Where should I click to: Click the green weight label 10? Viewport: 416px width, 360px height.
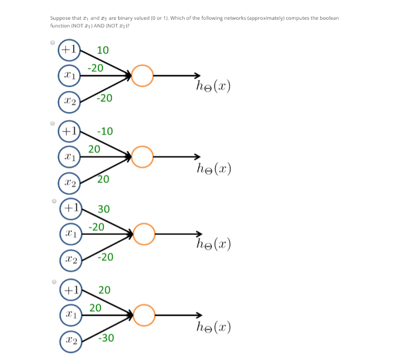click(x=102, y=50)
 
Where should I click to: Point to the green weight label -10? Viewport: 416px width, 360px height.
click(x=104, y=131)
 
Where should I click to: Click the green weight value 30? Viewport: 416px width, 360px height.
click(x=103, y=209)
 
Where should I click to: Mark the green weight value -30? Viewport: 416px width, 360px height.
click(x=105, y=338)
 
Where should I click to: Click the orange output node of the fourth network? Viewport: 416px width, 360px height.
click(x=144, y=315)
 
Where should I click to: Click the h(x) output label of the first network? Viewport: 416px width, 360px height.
click(x=213, y=87)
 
